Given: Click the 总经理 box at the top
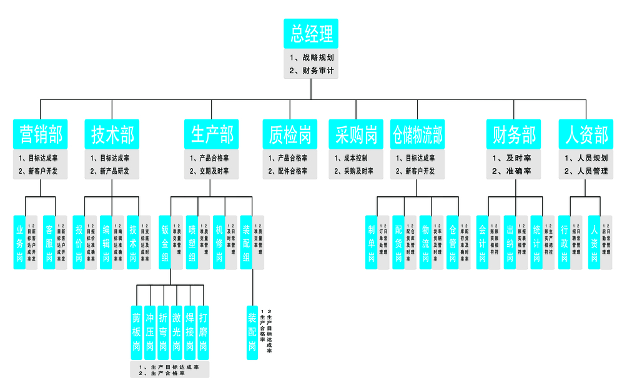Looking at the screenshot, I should click(x=310, y=34).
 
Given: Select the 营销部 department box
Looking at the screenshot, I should click(x=41, y=134).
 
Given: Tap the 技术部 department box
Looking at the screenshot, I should click(x=112, y=134).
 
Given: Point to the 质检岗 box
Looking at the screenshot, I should click(x=290, y=134).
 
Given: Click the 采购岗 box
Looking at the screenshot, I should click(x=356, y=134).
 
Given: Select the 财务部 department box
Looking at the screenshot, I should click(x=514, y=134).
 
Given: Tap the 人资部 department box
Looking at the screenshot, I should click(x=586, y=134).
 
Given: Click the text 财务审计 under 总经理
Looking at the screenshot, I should click(x=315, y=71).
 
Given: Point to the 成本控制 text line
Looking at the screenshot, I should click(x=353, y=158).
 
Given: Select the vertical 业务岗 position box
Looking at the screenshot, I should click(x=19, y=242).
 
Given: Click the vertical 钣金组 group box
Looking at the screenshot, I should click(x=165, y=242).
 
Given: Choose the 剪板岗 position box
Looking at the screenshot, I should click(x=136, y=332).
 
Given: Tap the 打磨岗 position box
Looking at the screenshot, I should click(x=204, y=332).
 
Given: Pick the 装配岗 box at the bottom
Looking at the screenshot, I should click(x=252, y=332).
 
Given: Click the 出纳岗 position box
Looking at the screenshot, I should click(x=510, y=242).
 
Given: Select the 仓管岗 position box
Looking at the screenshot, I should click(x=452, y=242).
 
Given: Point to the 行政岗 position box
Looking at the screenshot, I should click(x=565, y=242).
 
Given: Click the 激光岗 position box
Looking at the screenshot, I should click(x=177, y=332).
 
